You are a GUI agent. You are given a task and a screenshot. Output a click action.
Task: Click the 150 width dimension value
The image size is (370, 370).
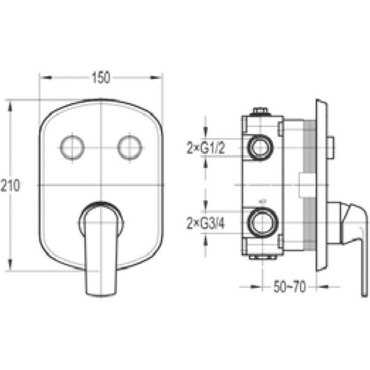pyautogui.click(x=101, y=77)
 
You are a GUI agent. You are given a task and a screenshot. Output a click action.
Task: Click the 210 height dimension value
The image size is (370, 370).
pyautogui.click(x=10, y=186)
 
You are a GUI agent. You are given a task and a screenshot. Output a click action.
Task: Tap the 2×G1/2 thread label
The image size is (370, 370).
pyautogui.click(x=206, y=148)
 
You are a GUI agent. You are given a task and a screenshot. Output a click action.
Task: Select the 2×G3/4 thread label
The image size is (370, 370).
pyautogui.click(x=206, y=223)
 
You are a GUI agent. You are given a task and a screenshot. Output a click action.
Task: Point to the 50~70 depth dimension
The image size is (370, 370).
pyautogui.click(x=290, y=287)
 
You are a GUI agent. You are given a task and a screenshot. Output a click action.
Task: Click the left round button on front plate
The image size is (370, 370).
pyautogui.click(x=72, y=147)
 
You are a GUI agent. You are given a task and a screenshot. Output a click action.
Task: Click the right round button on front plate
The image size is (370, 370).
pyautogui.click(x=130, y=147)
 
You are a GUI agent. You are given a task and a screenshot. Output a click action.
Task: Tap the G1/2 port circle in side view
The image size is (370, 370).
pyautogui.click(x=260, y=147)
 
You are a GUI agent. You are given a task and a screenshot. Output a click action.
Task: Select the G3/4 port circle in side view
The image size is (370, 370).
pyautogui.click(x=263, y=223)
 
